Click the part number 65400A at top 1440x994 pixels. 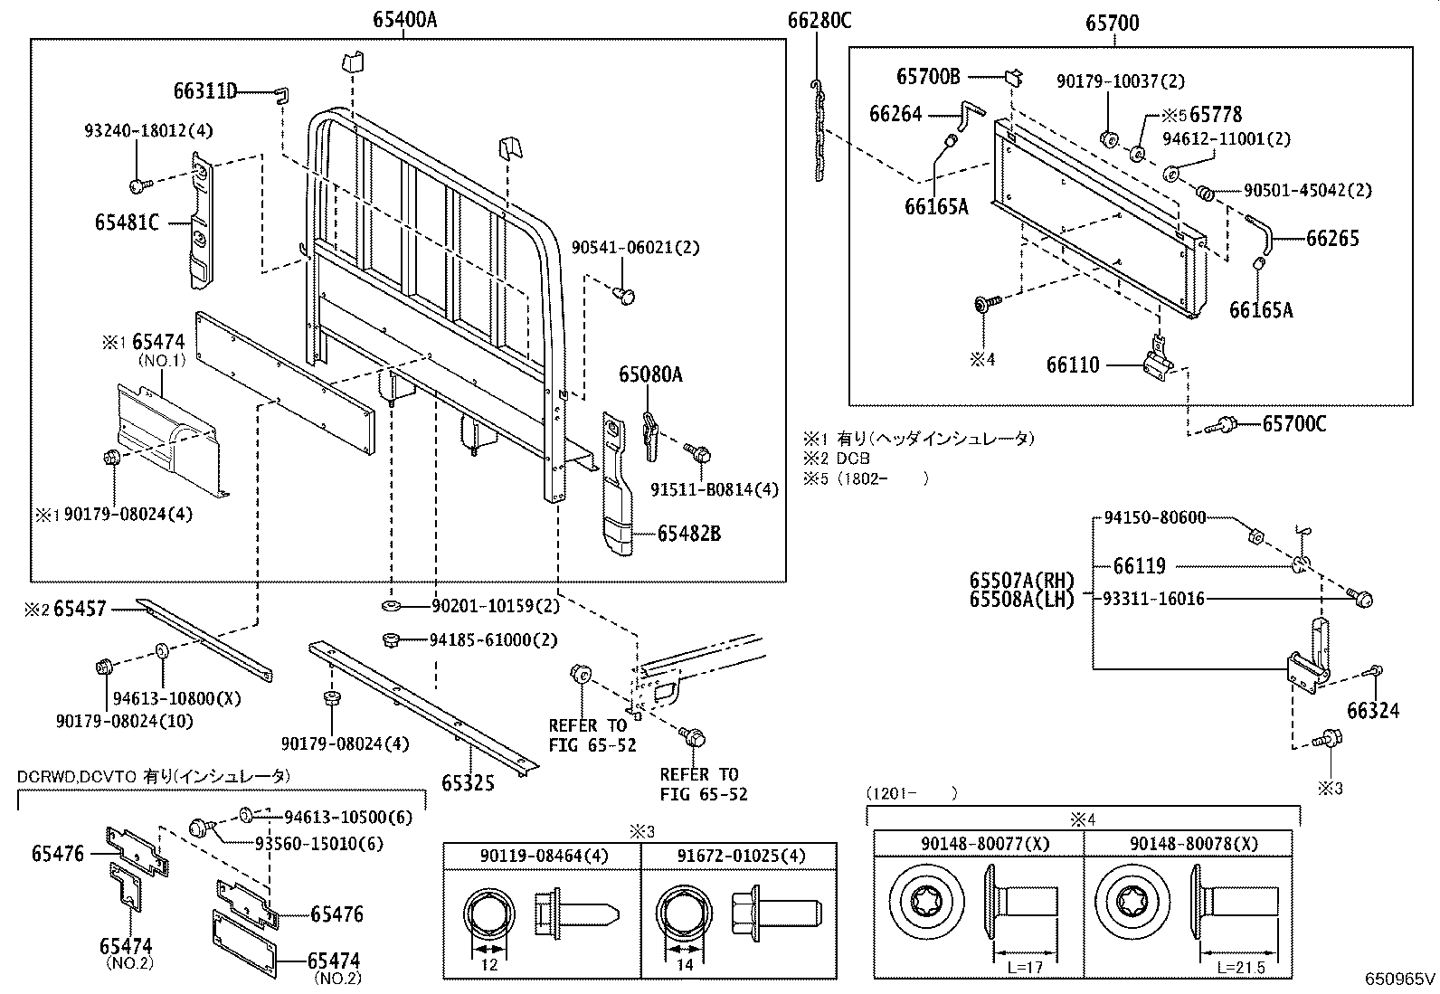403,20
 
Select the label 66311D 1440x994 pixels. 205,91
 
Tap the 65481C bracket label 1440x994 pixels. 127,222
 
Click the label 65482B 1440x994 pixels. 688,534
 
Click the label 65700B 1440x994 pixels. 928,77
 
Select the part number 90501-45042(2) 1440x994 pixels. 1307,191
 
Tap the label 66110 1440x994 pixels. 1073,365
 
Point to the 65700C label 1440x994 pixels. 1293,423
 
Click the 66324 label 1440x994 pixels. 1372,711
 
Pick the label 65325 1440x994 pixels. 468,782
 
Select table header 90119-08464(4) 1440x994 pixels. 543,856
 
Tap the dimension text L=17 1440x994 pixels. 1026,968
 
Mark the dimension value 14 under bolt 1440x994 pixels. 685,965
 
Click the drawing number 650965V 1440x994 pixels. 1400,979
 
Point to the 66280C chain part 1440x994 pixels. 819,131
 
